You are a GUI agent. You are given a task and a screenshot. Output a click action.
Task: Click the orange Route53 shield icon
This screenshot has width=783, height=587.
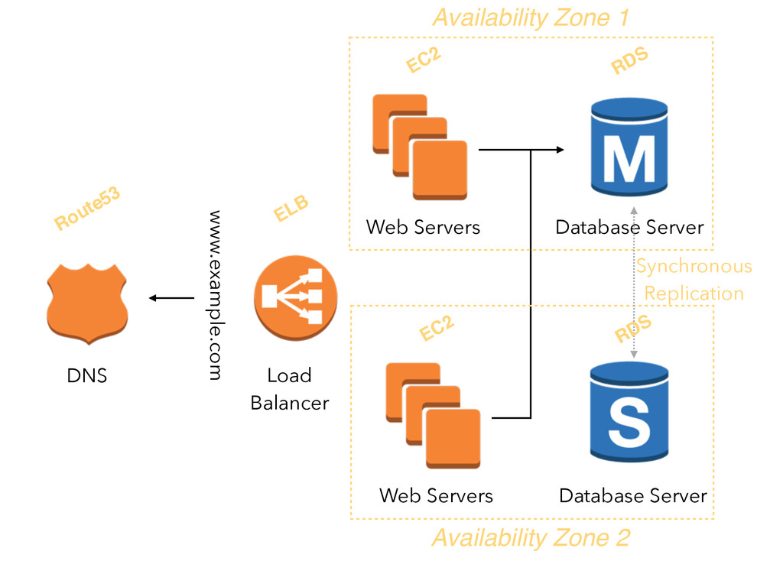(87, 304)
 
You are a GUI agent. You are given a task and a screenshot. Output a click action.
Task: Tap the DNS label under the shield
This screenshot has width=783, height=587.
(87, 375)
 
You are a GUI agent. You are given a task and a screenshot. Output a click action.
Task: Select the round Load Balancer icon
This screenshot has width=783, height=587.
(296, 298)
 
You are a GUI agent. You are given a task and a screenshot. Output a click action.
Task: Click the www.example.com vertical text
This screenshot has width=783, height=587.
(215, 295)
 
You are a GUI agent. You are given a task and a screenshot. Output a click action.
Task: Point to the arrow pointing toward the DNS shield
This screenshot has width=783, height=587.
(171, 298)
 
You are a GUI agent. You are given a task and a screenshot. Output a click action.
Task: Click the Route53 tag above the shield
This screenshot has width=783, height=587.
(87, 208)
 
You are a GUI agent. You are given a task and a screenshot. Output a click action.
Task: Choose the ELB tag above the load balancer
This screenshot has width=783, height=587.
(291, 208)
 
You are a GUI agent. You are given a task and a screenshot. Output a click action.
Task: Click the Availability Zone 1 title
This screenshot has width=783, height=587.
(531, 18)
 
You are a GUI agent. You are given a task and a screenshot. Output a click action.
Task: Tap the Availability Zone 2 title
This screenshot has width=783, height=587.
(531, 538)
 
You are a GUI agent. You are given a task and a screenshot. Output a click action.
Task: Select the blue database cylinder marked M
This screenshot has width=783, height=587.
(629, 147)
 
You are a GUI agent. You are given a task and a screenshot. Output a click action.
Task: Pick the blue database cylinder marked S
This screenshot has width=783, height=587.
(629, 412)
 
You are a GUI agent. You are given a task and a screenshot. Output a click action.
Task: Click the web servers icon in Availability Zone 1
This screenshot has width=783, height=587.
(420, 147)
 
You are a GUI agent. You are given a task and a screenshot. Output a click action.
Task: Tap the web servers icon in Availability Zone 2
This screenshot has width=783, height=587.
(433, 415)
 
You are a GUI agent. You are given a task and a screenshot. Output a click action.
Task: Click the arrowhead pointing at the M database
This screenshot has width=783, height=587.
(560, 149)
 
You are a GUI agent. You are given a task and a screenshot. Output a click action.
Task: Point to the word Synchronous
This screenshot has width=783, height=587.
(694, 267)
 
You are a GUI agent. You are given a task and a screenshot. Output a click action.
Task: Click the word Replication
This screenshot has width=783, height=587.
(694, 294)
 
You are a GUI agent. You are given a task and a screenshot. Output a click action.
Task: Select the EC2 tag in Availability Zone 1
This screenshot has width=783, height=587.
(424, 60)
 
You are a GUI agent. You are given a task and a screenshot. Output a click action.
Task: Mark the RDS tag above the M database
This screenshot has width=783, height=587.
(629, 60)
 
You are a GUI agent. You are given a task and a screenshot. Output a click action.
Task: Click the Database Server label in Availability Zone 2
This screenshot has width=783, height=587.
(633, 495)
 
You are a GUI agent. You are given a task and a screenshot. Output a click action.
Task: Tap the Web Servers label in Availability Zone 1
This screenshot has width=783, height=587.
(423, 227)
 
